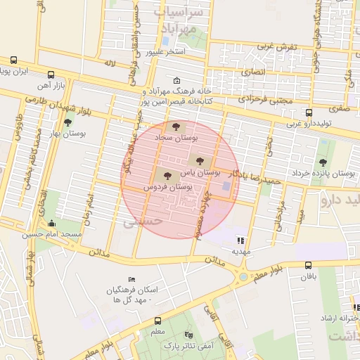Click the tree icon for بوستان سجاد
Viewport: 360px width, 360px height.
pos(176,127)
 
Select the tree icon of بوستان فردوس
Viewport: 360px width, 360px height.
pos(167,176)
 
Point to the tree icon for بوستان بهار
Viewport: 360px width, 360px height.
pos(68,122)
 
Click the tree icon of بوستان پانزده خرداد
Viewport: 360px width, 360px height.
pos(323,162)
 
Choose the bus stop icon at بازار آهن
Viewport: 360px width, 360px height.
pos(51,75)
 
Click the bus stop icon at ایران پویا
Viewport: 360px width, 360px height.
pos(13,60)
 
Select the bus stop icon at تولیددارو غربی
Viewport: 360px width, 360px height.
pos(309,112)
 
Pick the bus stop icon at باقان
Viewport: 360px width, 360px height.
pos(309,265)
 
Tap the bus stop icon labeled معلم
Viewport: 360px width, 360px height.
pos(157,321)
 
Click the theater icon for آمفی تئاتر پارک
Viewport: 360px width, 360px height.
pos(187,335)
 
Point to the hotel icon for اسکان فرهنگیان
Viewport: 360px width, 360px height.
pos(132,280)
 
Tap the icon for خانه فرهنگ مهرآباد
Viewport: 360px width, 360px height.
pos(176,80)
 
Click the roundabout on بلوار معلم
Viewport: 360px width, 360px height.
pos(243,276)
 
